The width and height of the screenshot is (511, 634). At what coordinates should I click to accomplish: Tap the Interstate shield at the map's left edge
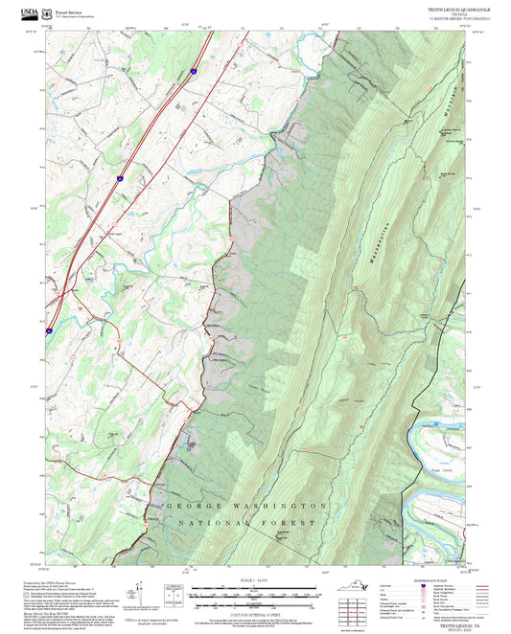(x=48, y=328)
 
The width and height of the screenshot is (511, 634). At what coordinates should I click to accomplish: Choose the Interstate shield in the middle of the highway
(x=120, y=178)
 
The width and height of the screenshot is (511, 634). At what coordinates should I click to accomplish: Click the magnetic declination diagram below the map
(x=173, y=594)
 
